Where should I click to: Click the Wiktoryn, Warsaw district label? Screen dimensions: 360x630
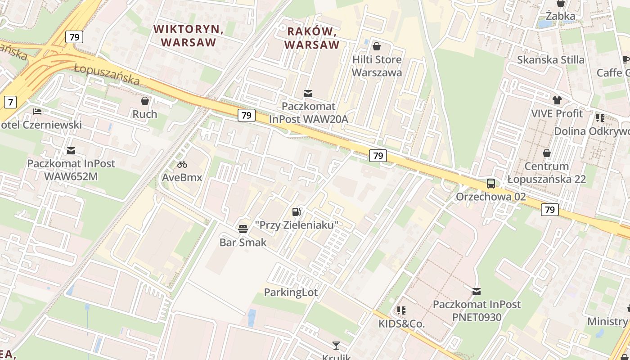189,36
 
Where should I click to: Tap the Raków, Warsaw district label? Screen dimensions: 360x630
311,38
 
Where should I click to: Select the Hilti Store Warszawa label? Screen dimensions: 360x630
377,66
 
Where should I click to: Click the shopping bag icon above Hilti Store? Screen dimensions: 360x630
377,46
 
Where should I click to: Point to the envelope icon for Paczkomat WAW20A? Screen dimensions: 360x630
308,94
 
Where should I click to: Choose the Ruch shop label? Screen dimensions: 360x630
145,114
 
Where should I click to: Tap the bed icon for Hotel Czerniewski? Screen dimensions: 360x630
37,111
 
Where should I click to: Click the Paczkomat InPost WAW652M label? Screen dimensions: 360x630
71,170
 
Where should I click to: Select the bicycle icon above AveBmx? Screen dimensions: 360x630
182,164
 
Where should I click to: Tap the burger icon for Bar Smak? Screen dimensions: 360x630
243,229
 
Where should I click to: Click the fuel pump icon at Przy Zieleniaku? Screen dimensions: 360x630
296,211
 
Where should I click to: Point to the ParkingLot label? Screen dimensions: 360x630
291,292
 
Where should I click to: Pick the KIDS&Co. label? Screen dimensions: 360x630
401,324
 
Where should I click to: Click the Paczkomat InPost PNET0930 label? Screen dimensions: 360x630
477,310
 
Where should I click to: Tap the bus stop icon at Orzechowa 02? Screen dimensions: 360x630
490,184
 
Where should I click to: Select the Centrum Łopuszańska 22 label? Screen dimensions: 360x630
546,173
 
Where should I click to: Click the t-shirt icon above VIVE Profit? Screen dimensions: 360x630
557,100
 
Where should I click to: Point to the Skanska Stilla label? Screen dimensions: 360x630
550,60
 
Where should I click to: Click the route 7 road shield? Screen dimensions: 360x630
10,102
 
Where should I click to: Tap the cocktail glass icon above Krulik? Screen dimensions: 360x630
336,346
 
